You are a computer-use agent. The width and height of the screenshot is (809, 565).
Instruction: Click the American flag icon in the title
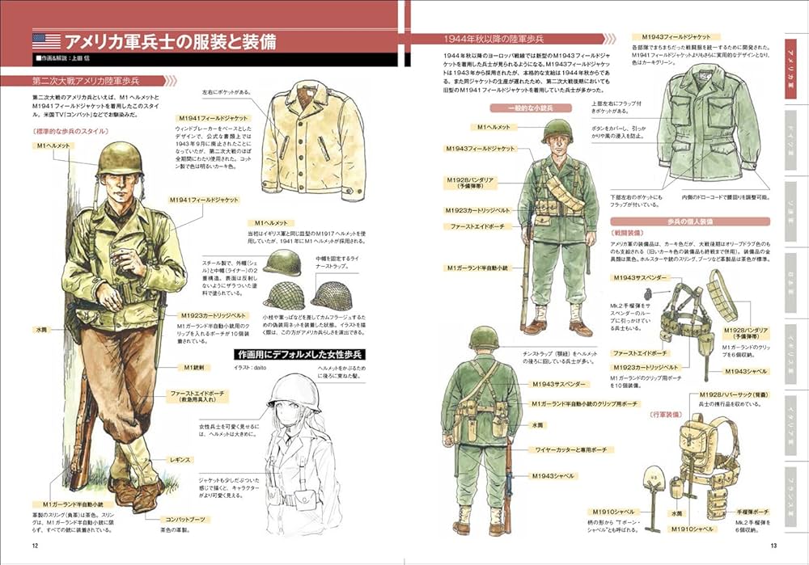45,40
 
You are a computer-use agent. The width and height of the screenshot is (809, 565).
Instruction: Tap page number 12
35,544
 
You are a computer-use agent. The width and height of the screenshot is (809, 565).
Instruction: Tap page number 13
774,544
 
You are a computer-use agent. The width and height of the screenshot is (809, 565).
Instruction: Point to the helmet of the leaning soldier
120,159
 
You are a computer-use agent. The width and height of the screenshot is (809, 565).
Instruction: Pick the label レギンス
180,459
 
